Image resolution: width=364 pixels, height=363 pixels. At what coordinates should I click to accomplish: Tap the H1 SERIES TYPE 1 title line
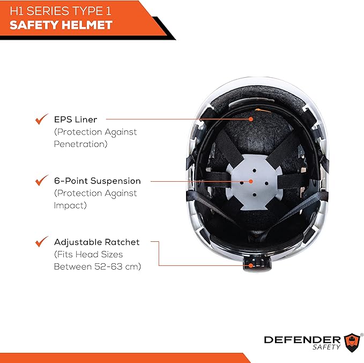61,10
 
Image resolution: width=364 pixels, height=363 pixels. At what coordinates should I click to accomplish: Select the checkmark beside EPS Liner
41,119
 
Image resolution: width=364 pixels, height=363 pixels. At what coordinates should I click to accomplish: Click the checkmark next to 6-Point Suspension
41,181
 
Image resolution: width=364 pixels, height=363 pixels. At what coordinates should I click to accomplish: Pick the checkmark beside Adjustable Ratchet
41,242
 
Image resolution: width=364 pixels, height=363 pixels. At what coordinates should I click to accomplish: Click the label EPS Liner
76,120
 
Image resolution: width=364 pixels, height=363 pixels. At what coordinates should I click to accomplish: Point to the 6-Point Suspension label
97,181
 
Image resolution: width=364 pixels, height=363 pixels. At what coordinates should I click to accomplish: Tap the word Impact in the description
70,205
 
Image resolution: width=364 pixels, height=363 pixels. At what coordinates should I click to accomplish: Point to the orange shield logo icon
352,341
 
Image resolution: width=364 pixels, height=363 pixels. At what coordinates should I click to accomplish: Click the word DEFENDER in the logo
302,339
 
